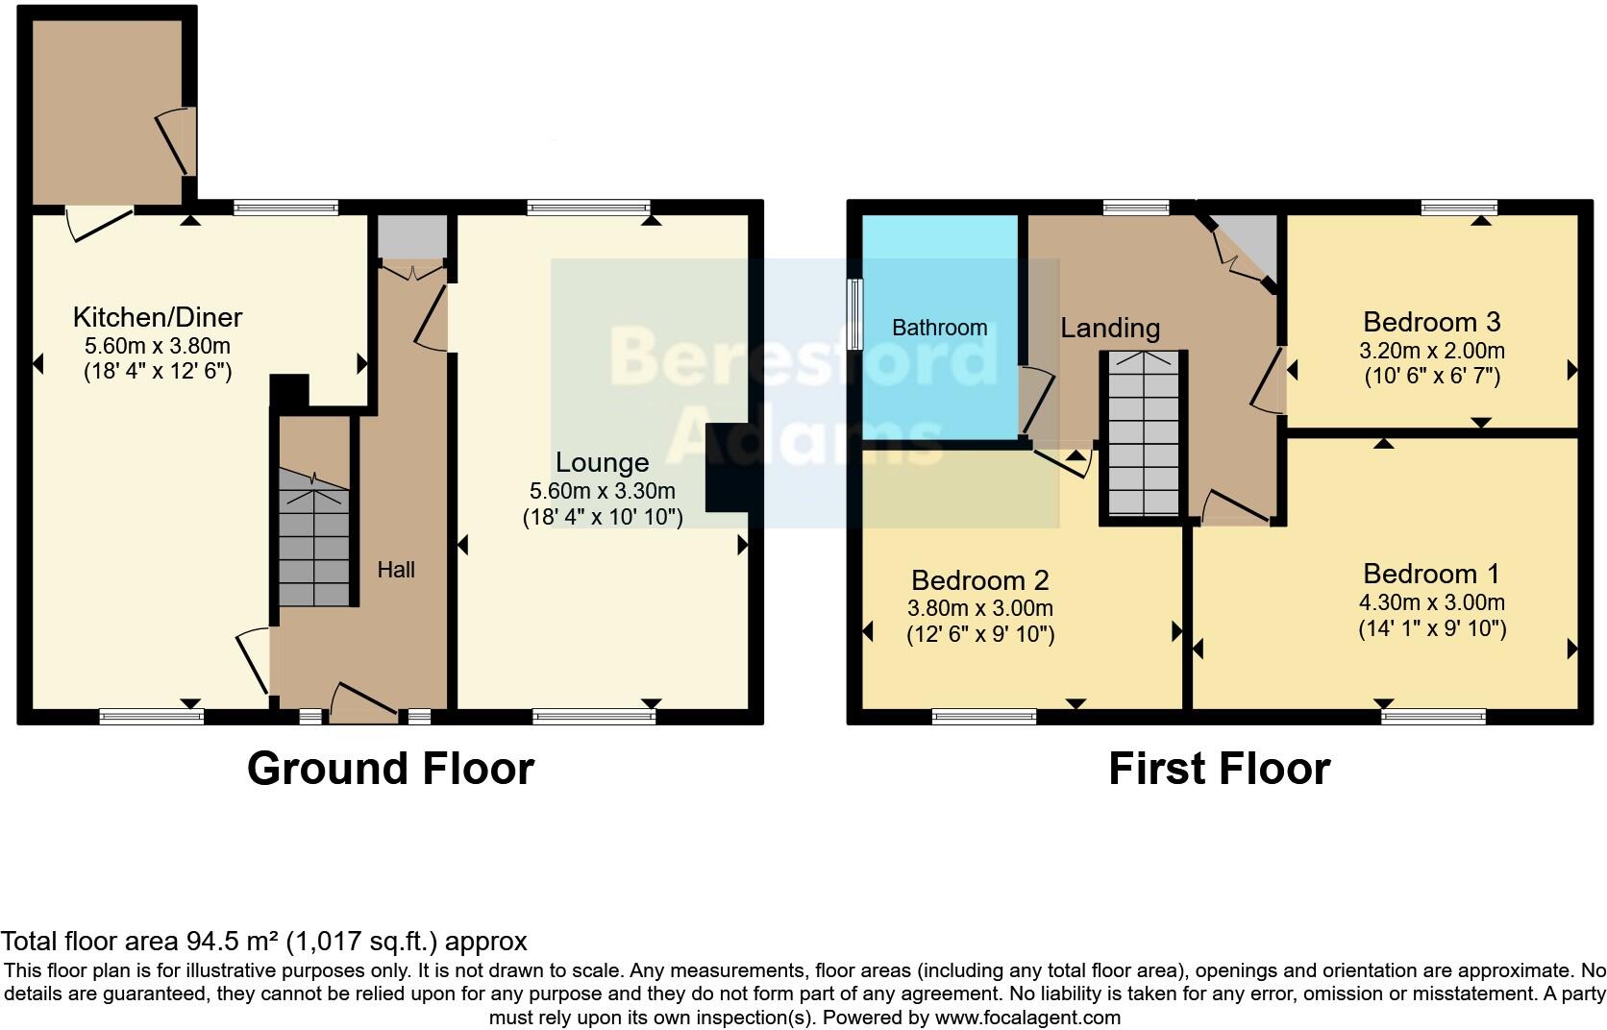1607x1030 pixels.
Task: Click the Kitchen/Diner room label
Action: tap(158, 317)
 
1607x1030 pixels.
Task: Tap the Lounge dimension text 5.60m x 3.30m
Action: tap(602, 491)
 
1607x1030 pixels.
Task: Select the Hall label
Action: tap(396, 570)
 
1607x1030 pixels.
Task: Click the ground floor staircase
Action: tap(315, 538)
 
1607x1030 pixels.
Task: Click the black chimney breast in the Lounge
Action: tap(727, 468)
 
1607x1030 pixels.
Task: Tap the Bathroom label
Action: tap(939, 328)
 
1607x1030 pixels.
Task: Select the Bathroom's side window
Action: tap(854, 314)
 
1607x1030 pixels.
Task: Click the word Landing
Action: tap(1110, 328)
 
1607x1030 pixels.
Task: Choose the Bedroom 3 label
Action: tap(1431, 322)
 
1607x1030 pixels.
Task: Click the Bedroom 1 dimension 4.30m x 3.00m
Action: tap(1431, 603)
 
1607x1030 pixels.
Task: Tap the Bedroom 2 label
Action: tap(979, 580)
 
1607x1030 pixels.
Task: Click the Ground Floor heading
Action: tap(390, 769)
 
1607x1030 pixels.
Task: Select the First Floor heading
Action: tap(1219, 769)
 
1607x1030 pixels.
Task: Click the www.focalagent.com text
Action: tap(1026, 1018)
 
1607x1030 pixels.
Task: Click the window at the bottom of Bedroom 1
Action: tap(1433, 716)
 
